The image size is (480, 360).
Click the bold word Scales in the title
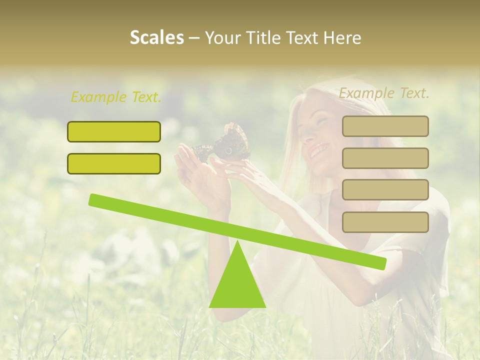click(156, 37)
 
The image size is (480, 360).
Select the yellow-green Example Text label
click(116, 97)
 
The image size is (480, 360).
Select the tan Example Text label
click(384, 93)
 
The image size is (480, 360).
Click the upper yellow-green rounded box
click(114, 131)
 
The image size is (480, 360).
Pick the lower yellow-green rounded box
click(114, 163)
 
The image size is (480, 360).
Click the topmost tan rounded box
click(385, 126)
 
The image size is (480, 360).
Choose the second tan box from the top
click(385, 158)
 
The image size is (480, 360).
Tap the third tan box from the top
click(385, 189)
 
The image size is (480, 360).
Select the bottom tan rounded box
click(385, 222)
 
